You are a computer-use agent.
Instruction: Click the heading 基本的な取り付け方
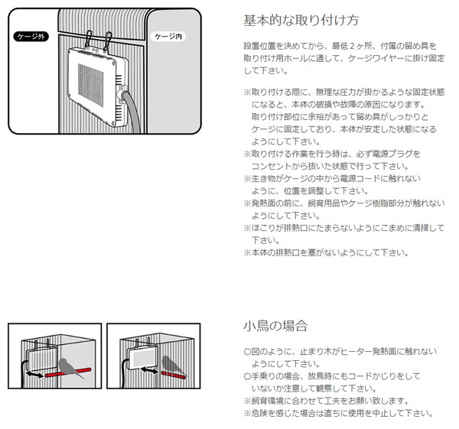[x=301, y=21]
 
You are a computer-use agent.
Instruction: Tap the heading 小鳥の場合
[x=275, y=326]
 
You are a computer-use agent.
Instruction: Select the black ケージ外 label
[x=31, y=36]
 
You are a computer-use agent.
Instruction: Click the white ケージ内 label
[x=168, y=37]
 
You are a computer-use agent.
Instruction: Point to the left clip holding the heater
[x=88, y=40]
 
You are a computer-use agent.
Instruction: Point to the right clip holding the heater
[x=107, y=41]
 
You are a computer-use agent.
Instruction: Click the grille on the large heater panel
[x=90, y=85]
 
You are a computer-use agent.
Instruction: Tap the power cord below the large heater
[x=132, y=111]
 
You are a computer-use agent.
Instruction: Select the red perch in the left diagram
[x=68, y=373]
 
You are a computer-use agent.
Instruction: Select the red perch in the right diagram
[x=174, y=375]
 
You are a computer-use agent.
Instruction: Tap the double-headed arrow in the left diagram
[x=34, y=374]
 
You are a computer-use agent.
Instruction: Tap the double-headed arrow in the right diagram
[x=149, y=370]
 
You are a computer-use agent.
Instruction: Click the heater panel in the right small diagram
[x=142, y=358]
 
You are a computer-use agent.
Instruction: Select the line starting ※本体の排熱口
[x=326, y=252]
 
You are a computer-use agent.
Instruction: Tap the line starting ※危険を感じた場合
[x=338, y=413]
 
